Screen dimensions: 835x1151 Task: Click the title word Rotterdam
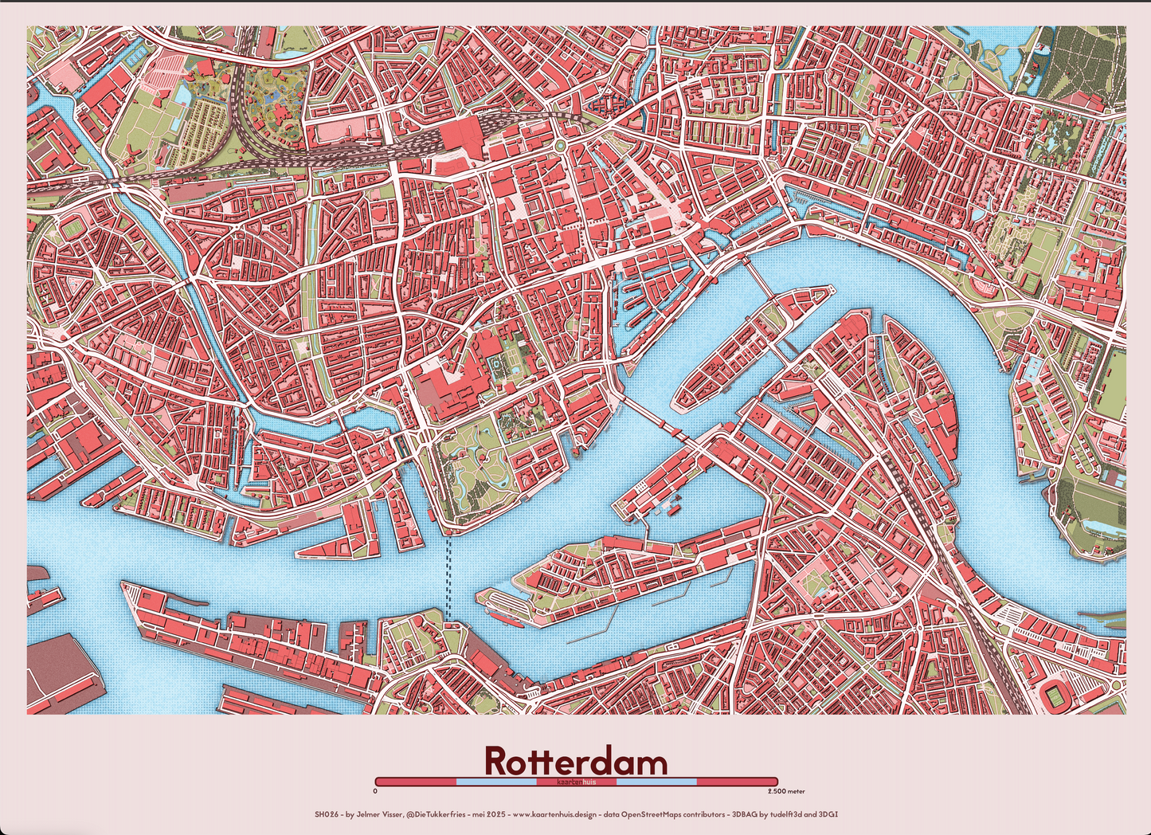pos(575,761)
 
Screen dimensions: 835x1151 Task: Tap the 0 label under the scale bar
pos(375,791)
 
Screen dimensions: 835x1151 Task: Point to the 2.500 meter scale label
pos(785,791)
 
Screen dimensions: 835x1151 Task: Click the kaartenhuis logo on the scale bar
pos(576,782)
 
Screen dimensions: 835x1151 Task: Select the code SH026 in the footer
pos(327,814)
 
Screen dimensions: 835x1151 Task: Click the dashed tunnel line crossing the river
pos(448,578)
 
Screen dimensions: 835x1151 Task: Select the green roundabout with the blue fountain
pos(560,146)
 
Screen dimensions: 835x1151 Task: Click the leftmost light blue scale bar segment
pos(495,782)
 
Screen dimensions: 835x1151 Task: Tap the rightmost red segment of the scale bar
pos(737,782)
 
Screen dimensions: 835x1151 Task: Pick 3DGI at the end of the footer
pos(829,814)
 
